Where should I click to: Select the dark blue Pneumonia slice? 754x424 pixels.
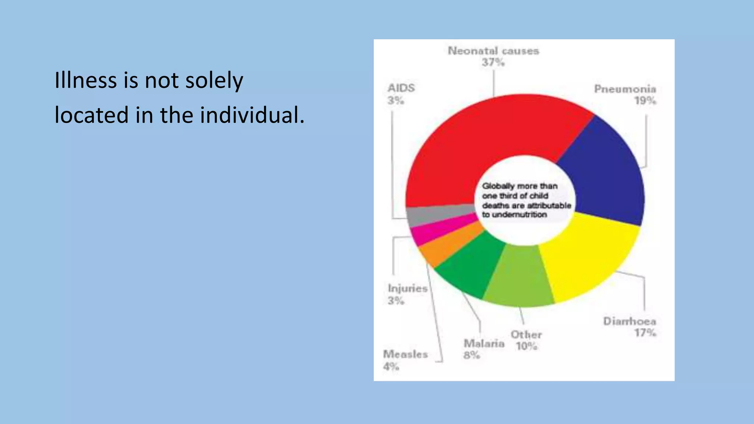[x=604, y=173]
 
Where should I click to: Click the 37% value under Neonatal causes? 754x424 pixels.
[x=493, y=63]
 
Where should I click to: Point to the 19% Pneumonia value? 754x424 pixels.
[x=645, y=100]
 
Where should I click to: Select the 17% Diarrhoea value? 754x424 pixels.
[x=645, y=333]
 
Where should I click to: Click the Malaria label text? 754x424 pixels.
[x=484, y=343]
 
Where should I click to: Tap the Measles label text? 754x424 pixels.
[x=405, y=354]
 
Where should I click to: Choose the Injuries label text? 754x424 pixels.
[x=408, y=288]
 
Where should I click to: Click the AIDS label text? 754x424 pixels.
[x=401, y=88]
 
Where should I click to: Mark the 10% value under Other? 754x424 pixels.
[x=526, y=346]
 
